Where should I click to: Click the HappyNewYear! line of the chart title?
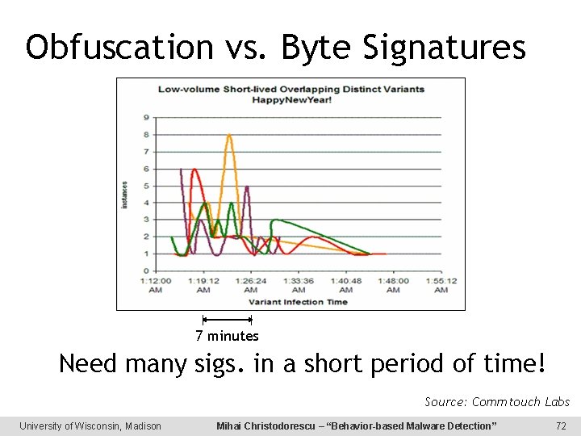290,99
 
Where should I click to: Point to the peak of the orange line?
229,136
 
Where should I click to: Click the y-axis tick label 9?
146,117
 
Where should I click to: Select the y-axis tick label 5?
146,185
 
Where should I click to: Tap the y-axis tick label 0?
146,270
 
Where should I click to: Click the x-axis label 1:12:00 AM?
155,285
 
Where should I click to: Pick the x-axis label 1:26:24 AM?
251,285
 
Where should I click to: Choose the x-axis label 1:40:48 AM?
346,285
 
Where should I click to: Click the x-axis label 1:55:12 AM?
441,285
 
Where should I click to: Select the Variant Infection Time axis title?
298,302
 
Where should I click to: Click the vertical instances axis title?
125,194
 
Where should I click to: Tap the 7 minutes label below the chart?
227,336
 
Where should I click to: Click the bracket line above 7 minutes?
227,320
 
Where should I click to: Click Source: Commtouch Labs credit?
497,401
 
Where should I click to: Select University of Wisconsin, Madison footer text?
90,426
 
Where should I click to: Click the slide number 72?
561,426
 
